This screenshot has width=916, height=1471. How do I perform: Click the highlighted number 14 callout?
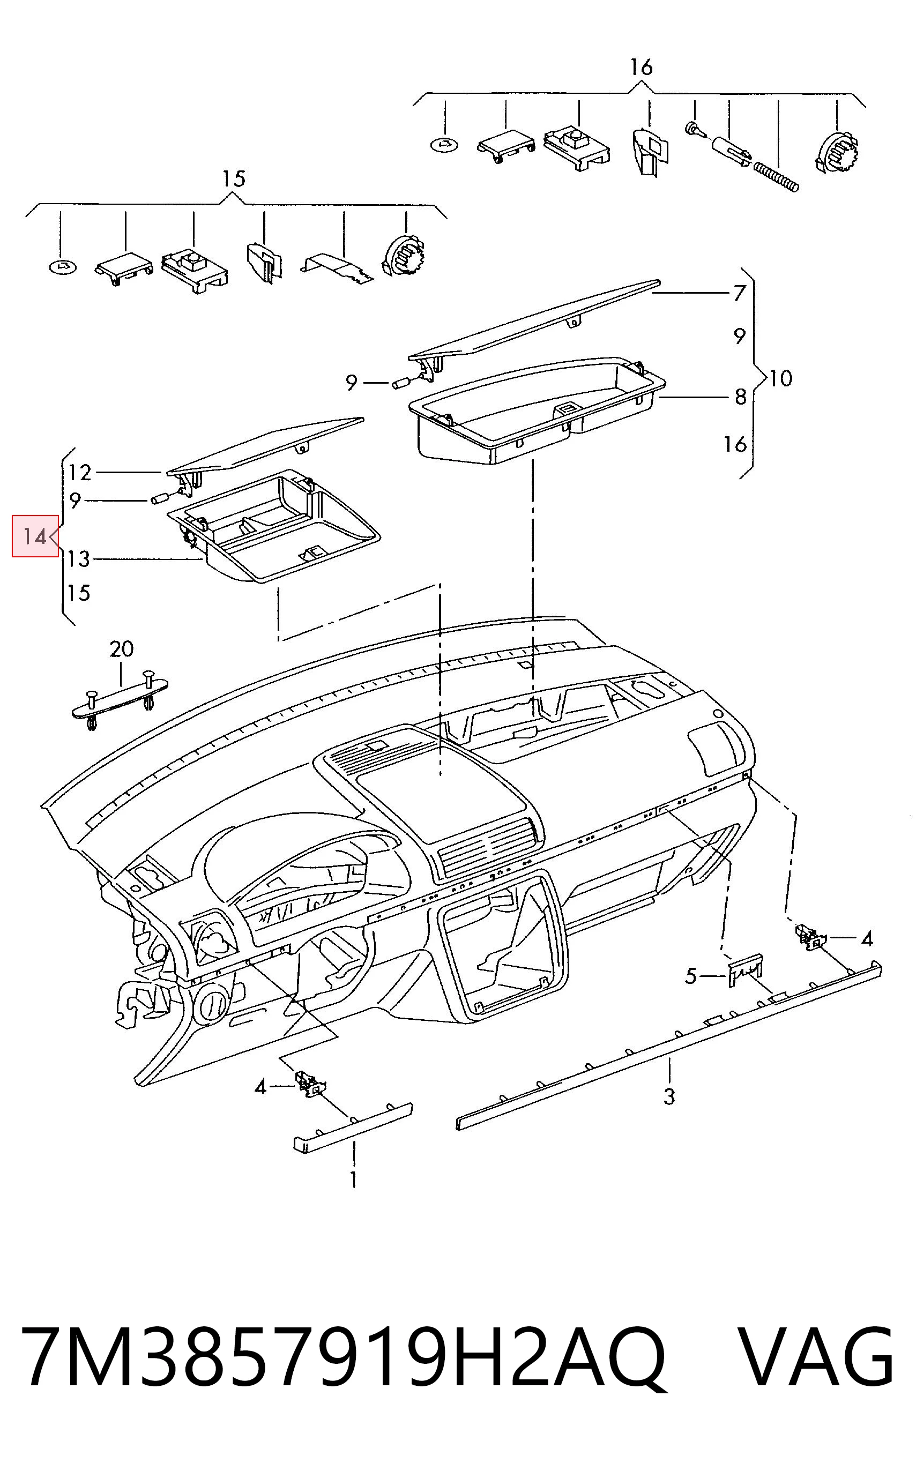35,536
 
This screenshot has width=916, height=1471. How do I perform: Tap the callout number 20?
122,649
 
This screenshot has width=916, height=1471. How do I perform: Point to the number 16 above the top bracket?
641,66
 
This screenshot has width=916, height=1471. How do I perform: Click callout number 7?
739,293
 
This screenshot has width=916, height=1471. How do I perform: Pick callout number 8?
740,397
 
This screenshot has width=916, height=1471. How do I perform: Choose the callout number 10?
781,378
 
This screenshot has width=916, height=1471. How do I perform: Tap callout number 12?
79,472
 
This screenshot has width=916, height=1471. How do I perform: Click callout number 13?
79,558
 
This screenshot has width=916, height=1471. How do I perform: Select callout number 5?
691,976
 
